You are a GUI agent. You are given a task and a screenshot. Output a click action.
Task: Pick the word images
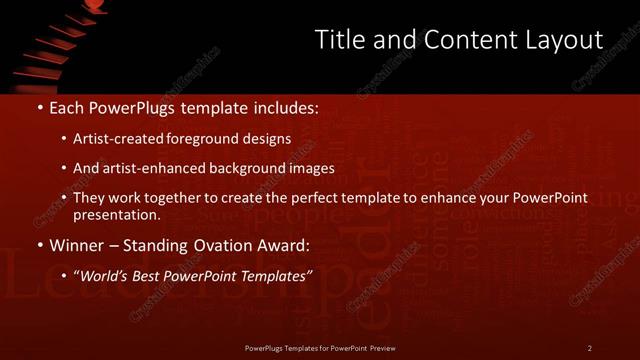click(x=309, y=168)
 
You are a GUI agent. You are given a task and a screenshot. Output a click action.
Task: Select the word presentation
click(x=116, y=214)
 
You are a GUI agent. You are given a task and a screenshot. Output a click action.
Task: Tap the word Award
click(x=287, y=245)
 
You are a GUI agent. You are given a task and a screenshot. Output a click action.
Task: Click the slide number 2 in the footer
click(x=590, y=348)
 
